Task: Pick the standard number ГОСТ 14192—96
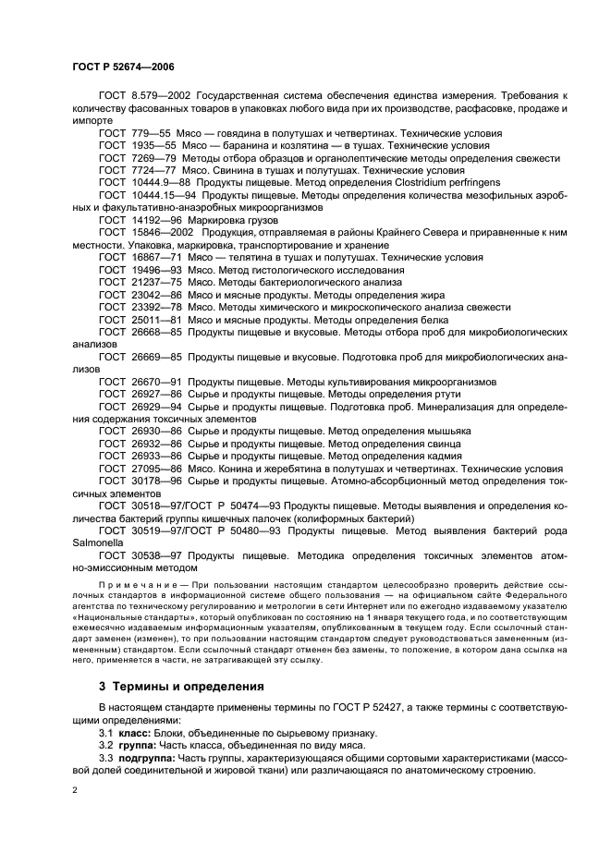click(140, 221)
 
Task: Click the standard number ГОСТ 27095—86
click(140, 469)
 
